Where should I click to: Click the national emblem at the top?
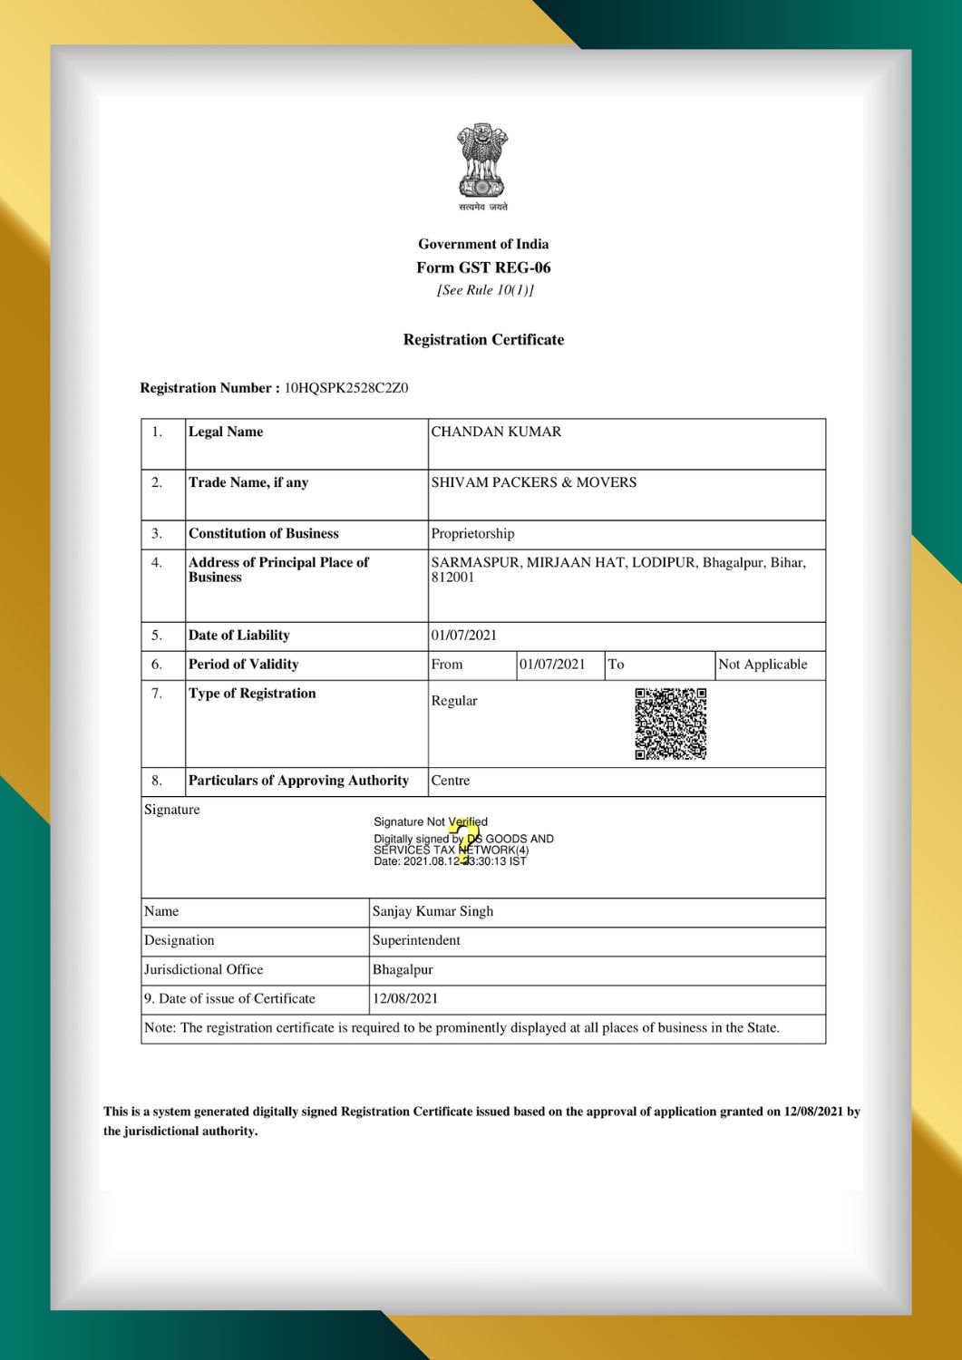pyautogui.click(x=482, y=162)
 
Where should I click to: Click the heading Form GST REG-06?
pyautogui.click(x=483, y=267)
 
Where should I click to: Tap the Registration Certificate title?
pyautogui.click(x=483, y=340)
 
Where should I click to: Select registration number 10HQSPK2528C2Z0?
pyautogui.click(x=346, y=388)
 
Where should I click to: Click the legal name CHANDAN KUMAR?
pyautogui.click(x=496, y=432)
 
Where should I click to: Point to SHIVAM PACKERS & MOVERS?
pyautogui.click(x=533, y=482)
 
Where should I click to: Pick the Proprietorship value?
pyautogui.click(x=472, y=533)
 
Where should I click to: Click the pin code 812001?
pyautogui.click(x=452, y=578)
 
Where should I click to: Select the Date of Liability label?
pyautogui.click(x=238, y=635)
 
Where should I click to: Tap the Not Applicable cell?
pyautogui.click(x=763, y=664)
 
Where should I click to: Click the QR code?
pyautogui.click(x=671, y=723)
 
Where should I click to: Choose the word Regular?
pyautogui.click(x=454, y=701)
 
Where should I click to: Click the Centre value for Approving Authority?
pyautogui.click(x=451, y=780)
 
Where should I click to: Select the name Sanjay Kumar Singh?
pyautogui.click(x=432, y=911)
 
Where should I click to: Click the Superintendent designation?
pyautogui.click(x=416, y=940)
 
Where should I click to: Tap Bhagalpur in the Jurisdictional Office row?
pyautogui.click(x=403, y=969)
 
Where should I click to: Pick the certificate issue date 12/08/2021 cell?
pyautogui.click(x=405, y=998)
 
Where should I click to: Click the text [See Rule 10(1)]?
pyautogui.click(x=484, y=290)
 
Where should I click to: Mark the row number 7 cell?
pyautogui.click(x=157, y=694)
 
